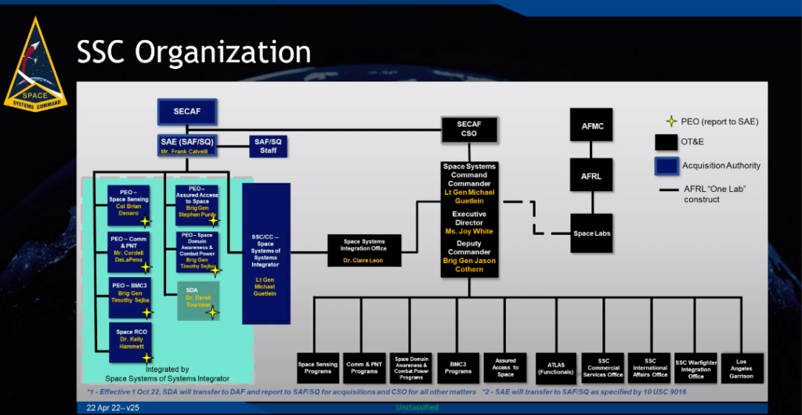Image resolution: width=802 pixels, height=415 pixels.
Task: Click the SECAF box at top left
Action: point(187,112)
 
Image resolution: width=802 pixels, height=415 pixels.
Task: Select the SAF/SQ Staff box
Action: point(269,146)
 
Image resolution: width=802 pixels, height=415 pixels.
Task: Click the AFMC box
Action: point(591,125)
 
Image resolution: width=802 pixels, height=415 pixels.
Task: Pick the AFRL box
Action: point(591,176)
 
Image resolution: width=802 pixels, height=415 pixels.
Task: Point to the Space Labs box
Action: point(591,233)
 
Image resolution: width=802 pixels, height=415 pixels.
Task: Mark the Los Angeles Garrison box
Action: point(740,367)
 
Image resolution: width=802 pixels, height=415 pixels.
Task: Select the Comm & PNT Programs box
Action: point(364,367)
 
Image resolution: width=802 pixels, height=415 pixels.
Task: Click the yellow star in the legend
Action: point(670,121)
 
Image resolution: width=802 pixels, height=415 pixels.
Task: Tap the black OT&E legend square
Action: point(666,142)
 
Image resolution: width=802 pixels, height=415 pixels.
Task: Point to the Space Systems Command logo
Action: point(35,67)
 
